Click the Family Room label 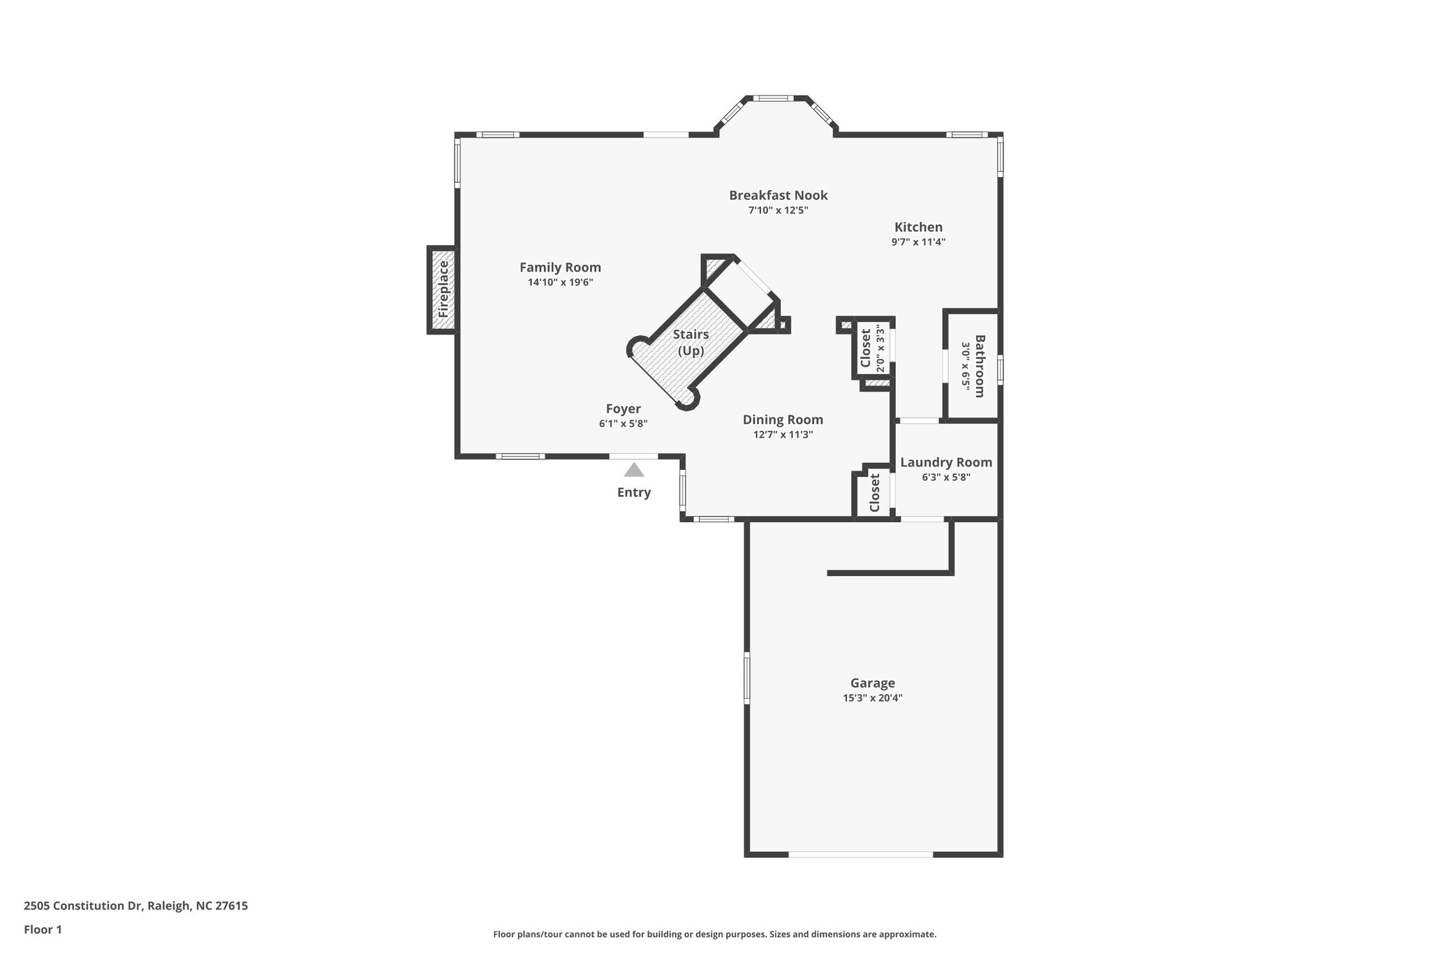pyautogui.click(x=560, y=267)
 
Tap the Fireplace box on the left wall pyautogui.click(x=442, y=289)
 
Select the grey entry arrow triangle pyautogui.click(x=634, y=470)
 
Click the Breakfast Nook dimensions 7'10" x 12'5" pyautogui.click(x=778, y=210)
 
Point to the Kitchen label pyautogui.click(x=918, y=227)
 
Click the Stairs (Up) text pyautogui.click(x=691, y=343)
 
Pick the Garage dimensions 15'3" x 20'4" pyautogui.click(x=872, y=697)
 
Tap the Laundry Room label pyautogui.click(x=945, y=462)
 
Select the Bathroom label pyautogui.click(x=979, y=366)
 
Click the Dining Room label pyautogui.click(x=782, y=420)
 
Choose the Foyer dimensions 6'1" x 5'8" pyautogui.click(x=623, y=423)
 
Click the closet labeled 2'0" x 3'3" pyautogui.click(x=872, y=348)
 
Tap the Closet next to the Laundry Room pyautogui.click(x=874, y=493)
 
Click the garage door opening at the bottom pyautogui.click(x=860, y=854)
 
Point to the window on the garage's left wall pyautogui.click(x=746, y=677)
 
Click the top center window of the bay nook pyautogui.click(x=772, y=98)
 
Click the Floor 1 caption pyautogui.click(x=43, y=929)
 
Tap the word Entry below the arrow pyautogui.click(x=633, y=493)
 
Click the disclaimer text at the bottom pyautogui.click(x=714, y=934)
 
